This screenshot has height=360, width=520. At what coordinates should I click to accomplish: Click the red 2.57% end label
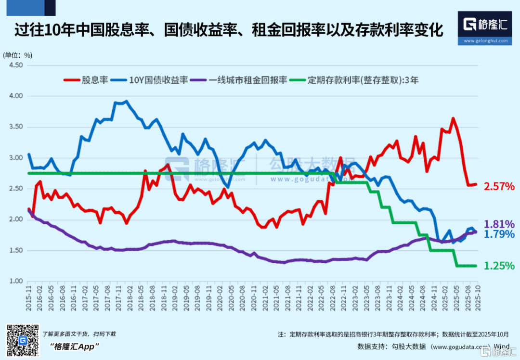click(499, 186)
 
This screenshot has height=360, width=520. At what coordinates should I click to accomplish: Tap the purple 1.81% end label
click(499, 224)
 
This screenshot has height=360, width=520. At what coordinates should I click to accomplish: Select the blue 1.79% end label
click(499, 234)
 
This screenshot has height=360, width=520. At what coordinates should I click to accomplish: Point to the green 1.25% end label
click(499, 266)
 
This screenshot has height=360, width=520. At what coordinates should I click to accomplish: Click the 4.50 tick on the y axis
click(16, 65)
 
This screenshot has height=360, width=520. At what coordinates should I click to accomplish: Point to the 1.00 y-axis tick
click(16, 281)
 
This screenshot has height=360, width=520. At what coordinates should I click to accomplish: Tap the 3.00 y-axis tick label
click(16, 158)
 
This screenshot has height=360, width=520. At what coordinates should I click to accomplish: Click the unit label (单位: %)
click(18, 55)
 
